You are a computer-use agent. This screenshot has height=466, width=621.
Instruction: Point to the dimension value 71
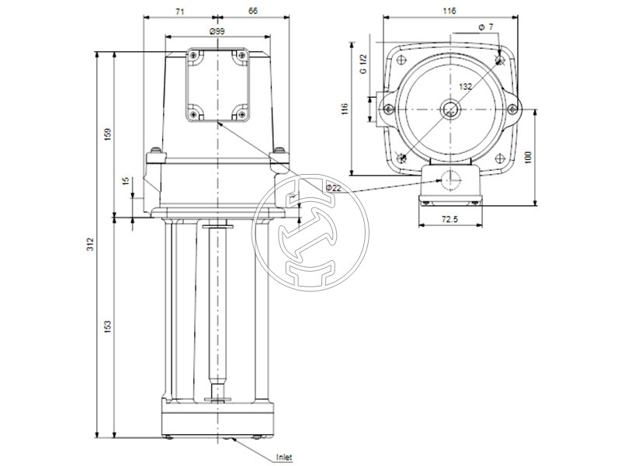180,11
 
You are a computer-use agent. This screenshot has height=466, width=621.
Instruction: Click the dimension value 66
253,11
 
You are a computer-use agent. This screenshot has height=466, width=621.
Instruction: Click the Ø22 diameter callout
334,187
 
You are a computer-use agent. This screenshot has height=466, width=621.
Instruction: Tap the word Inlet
285,457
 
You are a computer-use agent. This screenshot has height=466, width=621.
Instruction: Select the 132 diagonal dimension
465,87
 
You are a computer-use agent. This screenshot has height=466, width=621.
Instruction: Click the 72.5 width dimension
450,221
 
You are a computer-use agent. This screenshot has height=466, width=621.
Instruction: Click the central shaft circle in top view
449,110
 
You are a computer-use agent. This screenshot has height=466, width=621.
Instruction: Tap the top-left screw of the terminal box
193,56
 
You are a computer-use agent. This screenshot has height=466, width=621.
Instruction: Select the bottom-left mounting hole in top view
401,158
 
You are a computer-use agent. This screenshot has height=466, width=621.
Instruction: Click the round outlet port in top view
449,179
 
